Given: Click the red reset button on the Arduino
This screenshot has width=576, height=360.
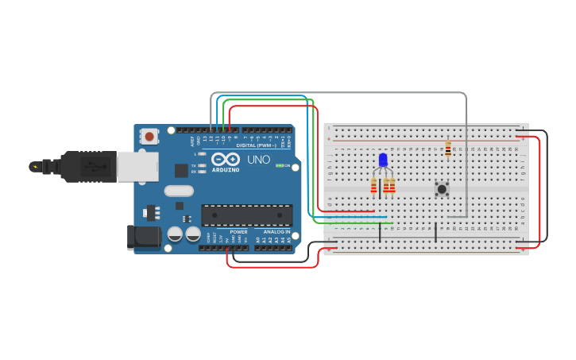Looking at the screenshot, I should coord(149,137).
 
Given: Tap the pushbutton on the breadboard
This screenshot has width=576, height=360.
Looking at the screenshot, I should coord(442,188).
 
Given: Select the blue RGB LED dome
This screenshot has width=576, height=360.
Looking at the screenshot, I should coord(383,160).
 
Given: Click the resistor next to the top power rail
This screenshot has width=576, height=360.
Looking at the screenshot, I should coord(448,149).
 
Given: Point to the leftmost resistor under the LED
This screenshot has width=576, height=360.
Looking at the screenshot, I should coord(373,185).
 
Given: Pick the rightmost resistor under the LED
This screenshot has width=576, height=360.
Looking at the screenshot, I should coord(392,185).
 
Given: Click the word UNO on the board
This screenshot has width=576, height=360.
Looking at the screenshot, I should coord(259,159).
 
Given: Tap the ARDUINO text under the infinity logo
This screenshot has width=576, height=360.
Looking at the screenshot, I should coord(226,169).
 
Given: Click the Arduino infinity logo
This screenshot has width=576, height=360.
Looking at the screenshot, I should coord(226,159).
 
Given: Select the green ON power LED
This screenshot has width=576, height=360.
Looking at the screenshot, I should coord(279,165).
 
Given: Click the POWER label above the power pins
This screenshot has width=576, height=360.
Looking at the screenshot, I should coord(238,231).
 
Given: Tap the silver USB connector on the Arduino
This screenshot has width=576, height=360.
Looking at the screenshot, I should coord(137,166).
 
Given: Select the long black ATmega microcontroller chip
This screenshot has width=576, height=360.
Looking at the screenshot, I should coord(246,215).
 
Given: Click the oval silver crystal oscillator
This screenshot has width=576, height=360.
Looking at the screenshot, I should coord(180,191).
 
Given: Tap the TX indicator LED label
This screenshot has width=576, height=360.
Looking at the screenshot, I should coord(193,165).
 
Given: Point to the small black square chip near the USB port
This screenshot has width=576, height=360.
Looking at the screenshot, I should coord(181,169).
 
